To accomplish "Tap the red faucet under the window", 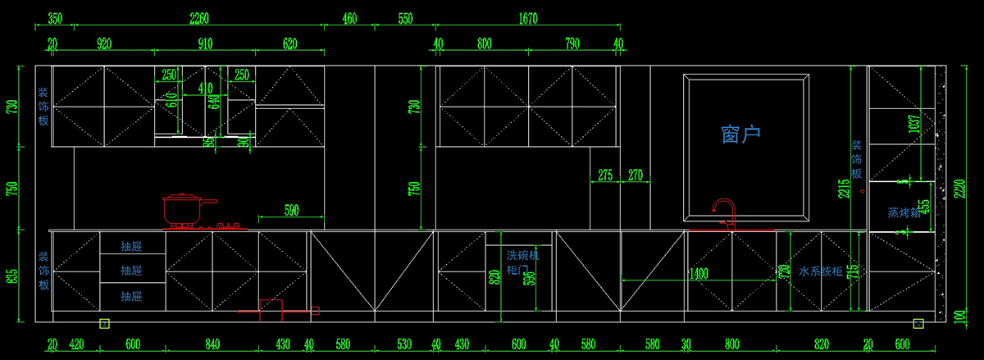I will [724, 212].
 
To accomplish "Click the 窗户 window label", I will [740, 134].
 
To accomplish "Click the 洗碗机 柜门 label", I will [522, 262].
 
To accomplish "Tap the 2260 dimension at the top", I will [198, 18].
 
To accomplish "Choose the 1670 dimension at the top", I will [528, 18].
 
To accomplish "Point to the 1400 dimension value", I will [699, 273].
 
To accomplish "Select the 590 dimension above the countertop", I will [290, 210].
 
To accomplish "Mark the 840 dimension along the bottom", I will [212, 344].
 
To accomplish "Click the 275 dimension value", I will [605, 174].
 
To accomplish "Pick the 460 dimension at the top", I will [349, 18].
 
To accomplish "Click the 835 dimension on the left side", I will [11, 276].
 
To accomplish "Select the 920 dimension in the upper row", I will [104, 43].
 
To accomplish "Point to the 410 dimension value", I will [205, 88].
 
